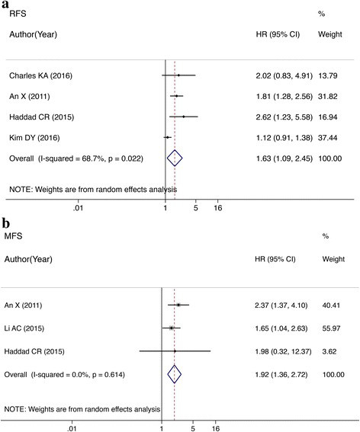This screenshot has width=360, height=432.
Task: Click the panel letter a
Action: pos(5,5)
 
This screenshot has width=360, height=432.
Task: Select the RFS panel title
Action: pos(18,14)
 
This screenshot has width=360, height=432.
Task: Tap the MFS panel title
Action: pos(13,236)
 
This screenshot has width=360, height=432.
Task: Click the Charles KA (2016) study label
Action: pos(41,75)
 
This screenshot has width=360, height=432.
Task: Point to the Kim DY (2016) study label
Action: pos(34,138)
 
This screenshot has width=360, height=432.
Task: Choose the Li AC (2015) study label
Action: pos(24,328)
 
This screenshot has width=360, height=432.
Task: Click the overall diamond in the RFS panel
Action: pos(175,158)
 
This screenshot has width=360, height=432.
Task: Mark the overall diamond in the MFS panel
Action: pos(175,374)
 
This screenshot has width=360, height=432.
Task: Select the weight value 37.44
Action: pos(328,138)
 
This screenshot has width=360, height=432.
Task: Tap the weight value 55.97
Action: pos(331,328)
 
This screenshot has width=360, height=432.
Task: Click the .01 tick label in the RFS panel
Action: pos(78,208)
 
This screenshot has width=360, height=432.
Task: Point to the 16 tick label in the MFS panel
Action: pos(216,428)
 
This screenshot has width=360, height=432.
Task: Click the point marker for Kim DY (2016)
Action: pos(167,137)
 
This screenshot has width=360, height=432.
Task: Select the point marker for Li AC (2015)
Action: pos(172,328)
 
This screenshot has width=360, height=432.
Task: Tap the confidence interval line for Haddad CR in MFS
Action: pos(175,351)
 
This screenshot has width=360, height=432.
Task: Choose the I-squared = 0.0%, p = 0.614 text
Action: pos(78,375)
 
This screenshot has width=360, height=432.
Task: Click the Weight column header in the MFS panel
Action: pos(333,259)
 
